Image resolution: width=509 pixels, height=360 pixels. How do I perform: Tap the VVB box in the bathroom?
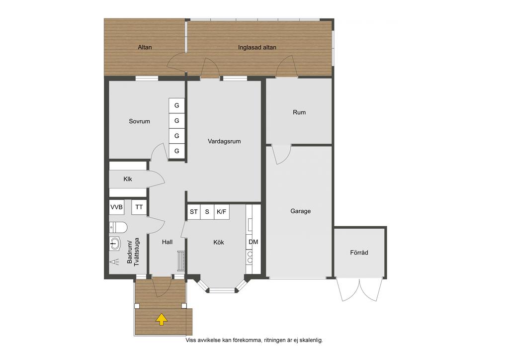[116, 207]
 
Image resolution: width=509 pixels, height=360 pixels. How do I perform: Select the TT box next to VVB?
[139, 207]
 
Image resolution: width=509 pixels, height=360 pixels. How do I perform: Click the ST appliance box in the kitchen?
[194, 212]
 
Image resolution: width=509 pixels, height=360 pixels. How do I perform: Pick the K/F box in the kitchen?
[222, 212]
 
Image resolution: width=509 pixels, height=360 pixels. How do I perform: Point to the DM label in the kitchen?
[253, 242]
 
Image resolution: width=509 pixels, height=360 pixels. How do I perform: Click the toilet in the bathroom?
[118, 227]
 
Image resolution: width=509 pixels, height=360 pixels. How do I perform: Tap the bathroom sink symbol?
[115, 243]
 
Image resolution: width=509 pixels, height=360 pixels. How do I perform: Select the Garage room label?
[300, 211]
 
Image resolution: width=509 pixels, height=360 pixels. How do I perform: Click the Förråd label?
[359, 252]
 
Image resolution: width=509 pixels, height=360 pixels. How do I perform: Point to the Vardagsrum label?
[224, 141]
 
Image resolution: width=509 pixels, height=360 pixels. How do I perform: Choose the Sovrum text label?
[139, 121]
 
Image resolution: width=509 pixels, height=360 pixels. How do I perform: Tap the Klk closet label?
[128, 179]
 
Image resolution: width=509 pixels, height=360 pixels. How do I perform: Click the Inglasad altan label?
[257, 47]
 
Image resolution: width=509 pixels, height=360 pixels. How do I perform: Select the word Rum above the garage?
[299, 112]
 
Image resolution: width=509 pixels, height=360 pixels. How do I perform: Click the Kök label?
[219, 242]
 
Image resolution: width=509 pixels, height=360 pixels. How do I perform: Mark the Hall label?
[167, 242]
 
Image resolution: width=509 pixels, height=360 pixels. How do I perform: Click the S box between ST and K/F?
[207, 212]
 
